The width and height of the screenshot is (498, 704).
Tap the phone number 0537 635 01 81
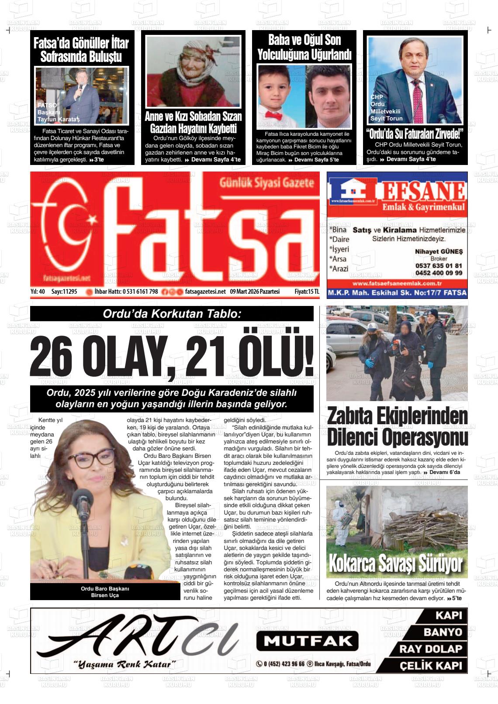click(x=438, y=266)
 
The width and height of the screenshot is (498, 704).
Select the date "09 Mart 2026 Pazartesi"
click(x=255, y=292)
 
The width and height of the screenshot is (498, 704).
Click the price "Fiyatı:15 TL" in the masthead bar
click(x=307, y=292)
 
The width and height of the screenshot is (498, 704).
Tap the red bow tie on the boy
click(x=274, y=116)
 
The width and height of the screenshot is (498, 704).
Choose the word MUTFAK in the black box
click(x=307, y=641)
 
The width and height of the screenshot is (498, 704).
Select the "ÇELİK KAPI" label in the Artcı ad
click(x=430, y=666)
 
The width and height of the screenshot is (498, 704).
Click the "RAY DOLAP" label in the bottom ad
click(x=430, y=649)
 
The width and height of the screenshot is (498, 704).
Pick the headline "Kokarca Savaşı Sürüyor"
click(x=395, y=563)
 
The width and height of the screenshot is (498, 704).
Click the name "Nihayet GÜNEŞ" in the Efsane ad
click(x=438, y=251)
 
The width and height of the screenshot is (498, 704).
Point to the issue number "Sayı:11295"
click(x=64, y=292)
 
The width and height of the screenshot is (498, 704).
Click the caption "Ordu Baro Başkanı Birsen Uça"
click(x=105, y=592)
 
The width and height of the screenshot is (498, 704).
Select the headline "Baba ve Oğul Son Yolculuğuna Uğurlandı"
click(x=304, y=48)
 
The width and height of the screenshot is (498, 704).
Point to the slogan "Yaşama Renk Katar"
click(x=125, y=665)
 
